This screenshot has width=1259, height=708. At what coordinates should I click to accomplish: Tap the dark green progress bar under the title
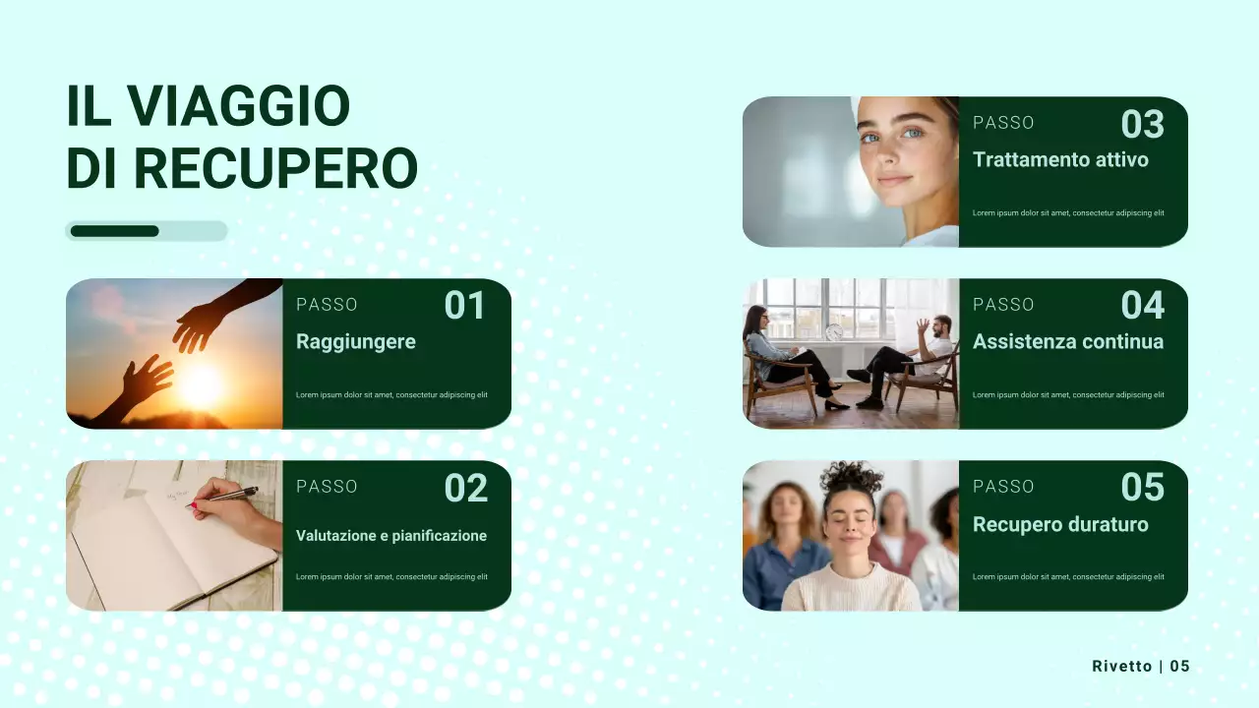tap(114, 231)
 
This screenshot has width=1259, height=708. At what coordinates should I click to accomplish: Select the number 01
tap(464, 306)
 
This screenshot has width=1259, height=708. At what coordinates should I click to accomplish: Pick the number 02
tap(465, 488)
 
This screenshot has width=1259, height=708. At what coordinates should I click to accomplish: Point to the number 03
tap(1142, 124)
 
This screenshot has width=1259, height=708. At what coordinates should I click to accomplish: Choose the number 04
tap(1142, 306)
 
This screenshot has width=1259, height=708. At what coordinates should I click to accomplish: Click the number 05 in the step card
tap(1142, 488)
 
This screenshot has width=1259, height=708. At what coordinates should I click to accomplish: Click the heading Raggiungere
tap(356, 342)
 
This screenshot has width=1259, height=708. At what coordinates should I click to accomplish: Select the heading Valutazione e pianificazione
tap(391, 536)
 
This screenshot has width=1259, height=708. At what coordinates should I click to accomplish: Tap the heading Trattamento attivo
tap(1060, 159)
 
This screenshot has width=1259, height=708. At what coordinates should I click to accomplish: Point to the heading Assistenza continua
tap(1067, 342)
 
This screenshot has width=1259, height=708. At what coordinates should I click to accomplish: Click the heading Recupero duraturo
tap(1060, 524)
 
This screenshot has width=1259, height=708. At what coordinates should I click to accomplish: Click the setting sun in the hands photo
tap(202, 385)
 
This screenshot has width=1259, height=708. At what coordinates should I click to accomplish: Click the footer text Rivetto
tap(1121, 667)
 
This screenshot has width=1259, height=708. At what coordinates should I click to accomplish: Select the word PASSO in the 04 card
tap(1003, 305)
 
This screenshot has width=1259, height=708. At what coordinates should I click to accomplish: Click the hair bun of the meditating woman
tap(851, 476)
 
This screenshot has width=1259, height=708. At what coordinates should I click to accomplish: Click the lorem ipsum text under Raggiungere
tap(391, 395)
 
